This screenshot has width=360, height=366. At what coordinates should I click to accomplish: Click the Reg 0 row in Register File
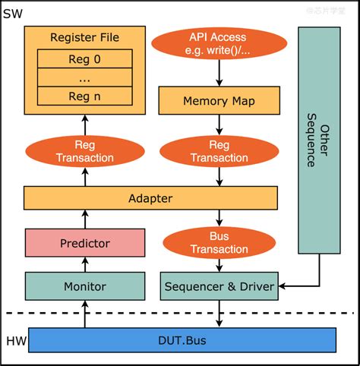pyautogui.click(x=84, y=59)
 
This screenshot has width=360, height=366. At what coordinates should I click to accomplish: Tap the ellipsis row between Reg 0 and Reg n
pyautogui.click(x=84, y=77)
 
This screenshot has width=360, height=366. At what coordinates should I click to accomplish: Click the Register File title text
pyautogui.click(x=84, y=37)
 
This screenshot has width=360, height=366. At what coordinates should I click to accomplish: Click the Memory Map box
pyautogui.click(x=219, y=100)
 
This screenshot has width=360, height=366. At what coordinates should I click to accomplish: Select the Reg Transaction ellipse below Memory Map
pyautogui.click(x=219, y=150)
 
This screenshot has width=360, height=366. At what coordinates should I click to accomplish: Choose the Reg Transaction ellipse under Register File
pyautogui.click(x=84, y=150)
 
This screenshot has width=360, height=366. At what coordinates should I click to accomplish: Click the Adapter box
pyautogui.click(x=150, y=198)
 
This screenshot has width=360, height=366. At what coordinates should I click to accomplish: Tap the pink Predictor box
pyautogui.click(x=84, y=243)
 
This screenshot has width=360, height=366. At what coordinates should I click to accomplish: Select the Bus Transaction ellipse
pyautogui.click(x=219, y=241)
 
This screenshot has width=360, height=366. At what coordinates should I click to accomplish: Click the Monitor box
pyautogui.click(x=84, y=286)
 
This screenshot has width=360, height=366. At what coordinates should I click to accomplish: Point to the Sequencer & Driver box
pyautogui.click(x=220, y=286)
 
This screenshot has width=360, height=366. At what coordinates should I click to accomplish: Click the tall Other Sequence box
pyautogui.click(x=318, y=140)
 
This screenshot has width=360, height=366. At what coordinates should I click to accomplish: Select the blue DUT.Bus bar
pyautogui.click(x=181, y=340)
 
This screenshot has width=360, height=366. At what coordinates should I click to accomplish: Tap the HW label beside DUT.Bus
pyautogui.click(x=14, y=340)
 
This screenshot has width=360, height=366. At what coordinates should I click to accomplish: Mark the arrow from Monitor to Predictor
pyautogui.click(x=84, y=265)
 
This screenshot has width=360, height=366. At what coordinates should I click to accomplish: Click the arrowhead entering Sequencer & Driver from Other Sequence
pyautogui.click(x=283, y=286)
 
